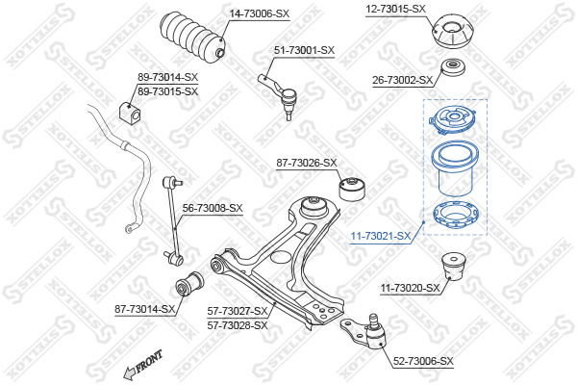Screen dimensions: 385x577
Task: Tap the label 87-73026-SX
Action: (x=307, y=163)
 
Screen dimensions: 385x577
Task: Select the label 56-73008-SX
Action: (x=213, y=208)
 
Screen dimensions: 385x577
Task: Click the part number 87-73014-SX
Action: (x=145, y=309)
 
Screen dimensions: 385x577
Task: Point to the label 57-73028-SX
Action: (x=238, y=325)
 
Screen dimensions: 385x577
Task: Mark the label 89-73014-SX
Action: (x=167, y=77)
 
